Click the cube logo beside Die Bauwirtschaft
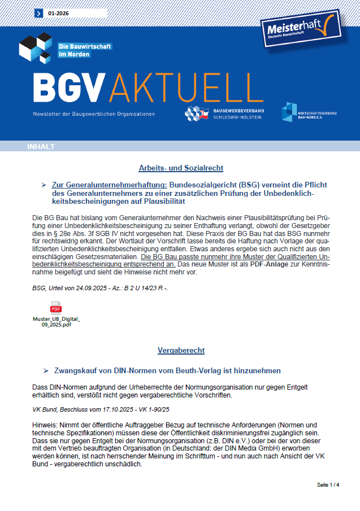pos(36,48)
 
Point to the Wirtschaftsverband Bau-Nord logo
pos(309,112)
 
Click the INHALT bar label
pos(41,147)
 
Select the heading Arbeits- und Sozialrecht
pos(181,168)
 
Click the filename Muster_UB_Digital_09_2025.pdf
pos(56,322)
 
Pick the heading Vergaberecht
pos(181,351)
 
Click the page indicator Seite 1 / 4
pos(328,485)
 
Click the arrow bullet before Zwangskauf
pos(45,371)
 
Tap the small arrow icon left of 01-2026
pos(38,12)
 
